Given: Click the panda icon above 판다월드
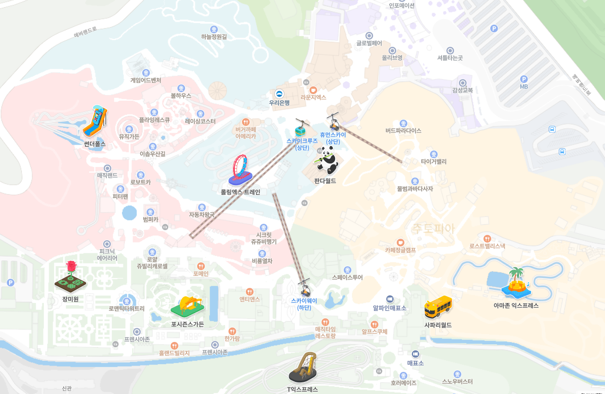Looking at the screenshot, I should (x=328, y=162).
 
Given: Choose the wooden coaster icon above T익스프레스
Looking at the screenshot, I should (x=303, y=367).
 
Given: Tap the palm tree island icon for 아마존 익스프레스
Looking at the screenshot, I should (x=516, y=283).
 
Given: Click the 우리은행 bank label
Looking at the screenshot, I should (x=279, y=102).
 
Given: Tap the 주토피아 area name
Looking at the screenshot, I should (x=432, y=229).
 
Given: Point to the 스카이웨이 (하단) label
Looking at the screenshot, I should (x=304, y=304).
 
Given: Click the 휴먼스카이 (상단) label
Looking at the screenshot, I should (x=333, y=138).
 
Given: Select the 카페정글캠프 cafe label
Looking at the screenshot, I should (x=400, y=250).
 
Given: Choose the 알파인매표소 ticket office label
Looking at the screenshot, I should (x=390, y=308).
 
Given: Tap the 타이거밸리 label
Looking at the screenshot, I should (x=433, y=162).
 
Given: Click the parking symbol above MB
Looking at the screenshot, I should (x=524, y=79).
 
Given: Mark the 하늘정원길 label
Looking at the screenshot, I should (x=214, y=36).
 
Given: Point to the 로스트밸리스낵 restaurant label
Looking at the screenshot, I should (x=487, y=245).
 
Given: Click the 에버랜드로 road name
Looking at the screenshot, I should (x=85, y=32).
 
